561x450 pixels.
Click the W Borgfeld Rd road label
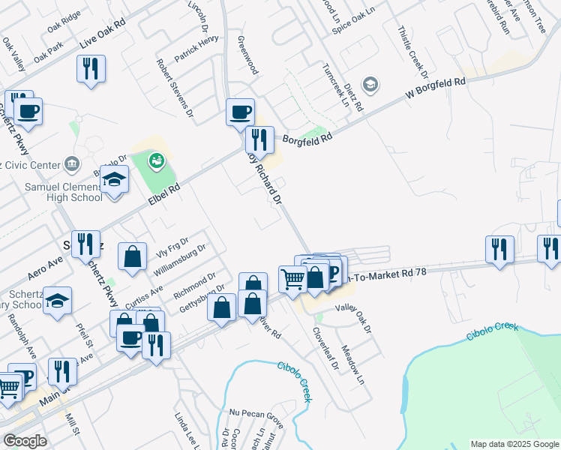(x=436, y=88)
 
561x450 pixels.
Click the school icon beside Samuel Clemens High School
(x=114, y=181)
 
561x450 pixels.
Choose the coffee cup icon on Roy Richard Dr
(x=241, y=112)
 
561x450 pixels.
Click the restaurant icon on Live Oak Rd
(x=91, y=69)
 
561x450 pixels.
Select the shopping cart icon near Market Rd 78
(x=292, y=279)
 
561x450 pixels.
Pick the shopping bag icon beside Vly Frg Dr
(x=132, y=256)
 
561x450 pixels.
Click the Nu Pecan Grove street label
(x=256, y=412)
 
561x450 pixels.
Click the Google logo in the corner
(x=25, y=441)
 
